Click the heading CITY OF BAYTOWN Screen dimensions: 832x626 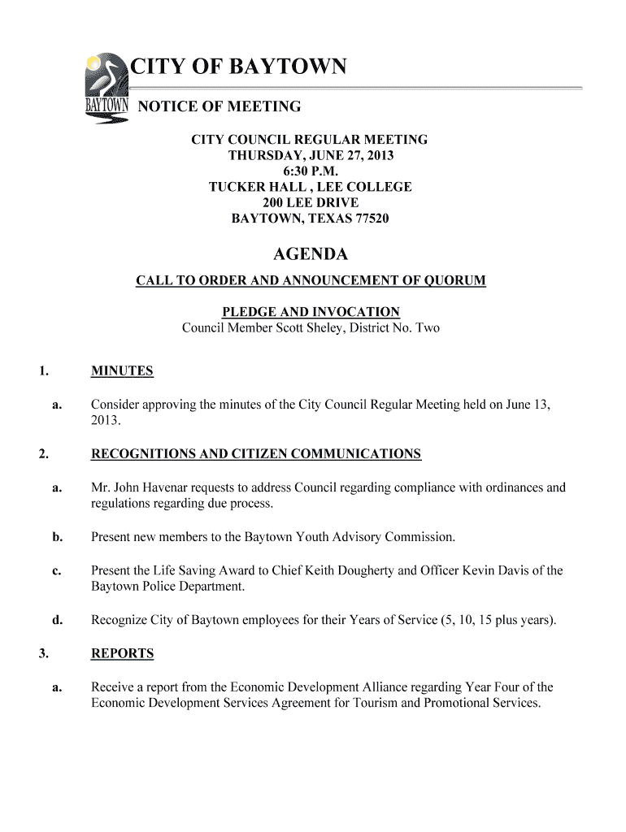tap(239, 66)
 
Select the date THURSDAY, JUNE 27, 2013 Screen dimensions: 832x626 tap(310, 155)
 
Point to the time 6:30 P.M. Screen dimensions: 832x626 tap(310, 171)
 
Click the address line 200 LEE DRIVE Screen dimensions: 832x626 tap(310, 202)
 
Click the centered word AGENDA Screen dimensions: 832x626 tap(310, 255)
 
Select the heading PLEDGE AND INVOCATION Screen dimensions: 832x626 tap(311, 312)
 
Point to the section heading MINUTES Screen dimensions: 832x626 tap(122, 371)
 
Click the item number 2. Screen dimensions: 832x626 tap(42, 454)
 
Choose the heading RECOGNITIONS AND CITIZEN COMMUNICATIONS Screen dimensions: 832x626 tap(256, 454)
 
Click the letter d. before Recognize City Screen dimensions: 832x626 tap(57, 621)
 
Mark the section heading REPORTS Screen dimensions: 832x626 tap(122, 653)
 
